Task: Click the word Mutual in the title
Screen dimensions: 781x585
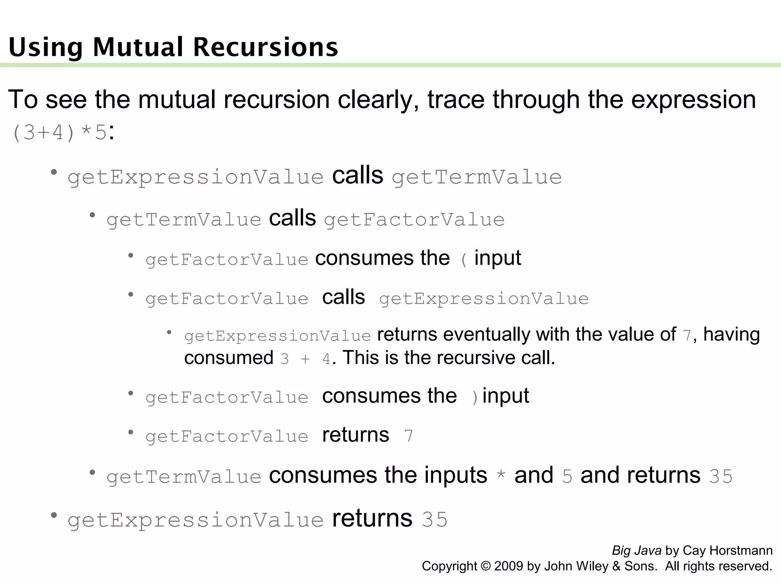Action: pos(138,47)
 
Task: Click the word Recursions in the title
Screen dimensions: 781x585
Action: pos(265,47)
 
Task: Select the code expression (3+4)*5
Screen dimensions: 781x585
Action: pos(59,133)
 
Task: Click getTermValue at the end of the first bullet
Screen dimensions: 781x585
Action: pos(477,177)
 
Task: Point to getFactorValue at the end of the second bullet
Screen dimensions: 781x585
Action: pos(414,220)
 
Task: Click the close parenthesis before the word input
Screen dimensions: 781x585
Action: pos(475,398)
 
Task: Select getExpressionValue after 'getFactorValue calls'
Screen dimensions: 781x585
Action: pos(484,299)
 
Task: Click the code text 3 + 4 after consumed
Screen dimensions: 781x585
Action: pos(305,359)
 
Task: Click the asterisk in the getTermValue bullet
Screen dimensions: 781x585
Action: pos(501,476)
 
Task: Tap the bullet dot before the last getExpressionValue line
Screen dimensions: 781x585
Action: pos(54,516)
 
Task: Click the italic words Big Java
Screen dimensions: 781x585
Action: pos(636,551)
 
